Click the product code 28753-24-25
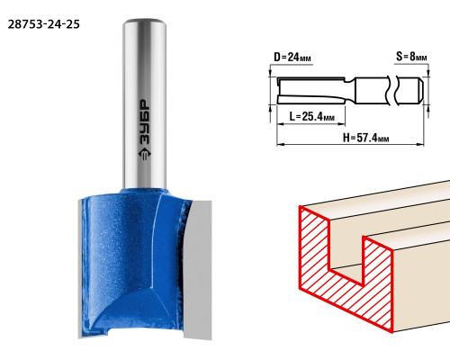point(44,24)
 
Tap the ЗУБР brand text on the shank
point(145,122)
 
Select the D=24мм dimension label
point(292,57)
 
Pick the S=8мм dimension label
point(411,56)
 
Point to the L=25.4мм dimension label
point(312,116)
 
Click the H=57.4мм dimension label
point(366,138)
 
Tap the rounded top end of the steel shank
point(145,22)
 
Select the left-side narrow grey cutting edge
point(80,268)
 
